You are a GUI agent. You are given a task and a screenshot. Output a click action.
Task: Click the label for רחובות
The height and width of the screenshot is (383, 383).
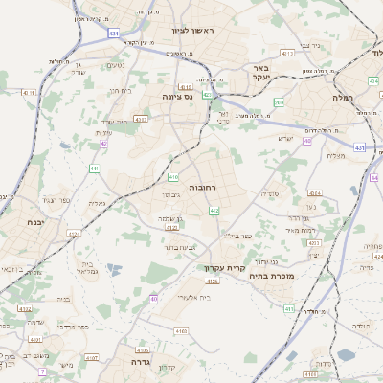coord(206,186)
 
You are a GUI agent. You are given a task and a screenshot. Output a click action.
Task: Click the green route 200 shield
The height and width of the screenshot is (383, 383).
coord(279,101)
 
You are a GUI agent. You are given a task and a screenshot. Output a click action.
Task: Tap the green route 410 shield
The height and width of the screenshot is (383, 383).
coord(173,177)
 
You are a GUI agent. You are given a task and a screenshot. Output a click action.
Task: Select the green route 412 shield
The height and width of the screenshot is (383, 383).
coord(214,211)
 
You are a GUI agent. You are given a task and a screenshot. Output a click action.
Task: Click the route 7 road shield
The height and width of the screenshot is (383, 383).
coord(41,370)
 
